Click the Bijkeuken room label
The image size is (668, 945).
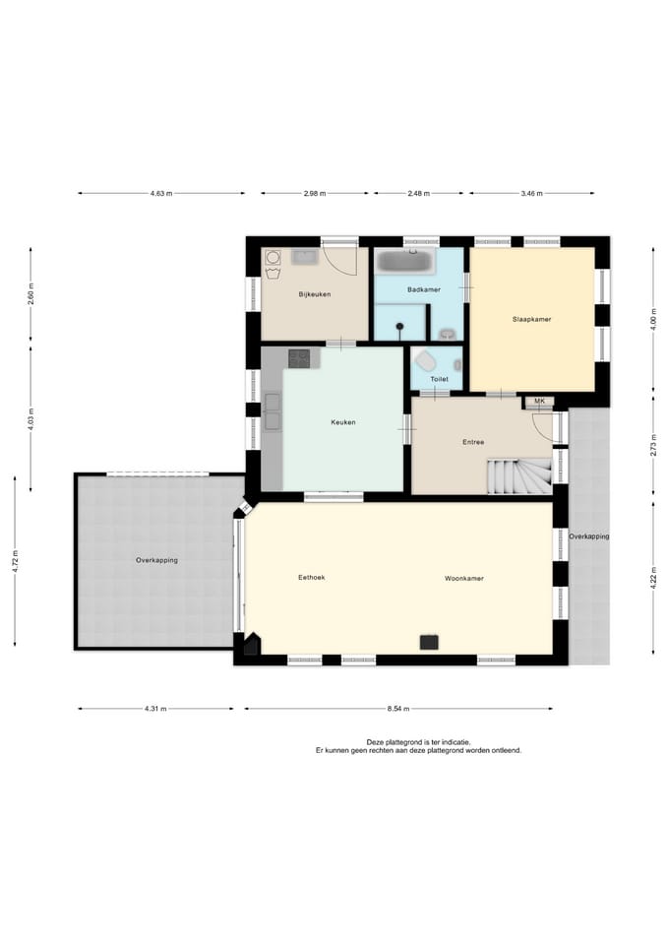point(315,294)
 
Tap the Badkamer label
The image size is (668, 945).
point(423,289)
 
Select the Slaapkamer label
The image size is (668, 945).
point(532,319)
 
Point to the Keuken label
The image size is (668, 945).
point(343,422)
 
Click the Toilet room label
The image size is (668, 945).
point(439,380)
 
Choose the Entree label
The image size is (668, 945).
point(473,442)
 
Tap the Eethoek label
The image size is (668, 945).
point(312,578)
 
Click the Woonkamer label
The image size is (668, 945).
point(464,579)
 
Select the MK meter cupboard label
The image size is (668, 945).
point(539,401)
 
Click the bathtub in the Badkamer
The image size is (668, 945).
point(404,261)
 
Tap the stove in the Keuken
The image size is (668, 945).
point(299,358)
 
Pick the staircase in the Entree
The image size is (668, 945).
point(519,476)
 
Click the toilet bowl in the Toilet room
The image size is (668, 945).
point(426,361)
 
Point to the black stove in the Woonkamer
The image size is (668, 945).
point(429,643)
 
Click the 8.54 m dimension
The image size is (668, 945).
point(398,710)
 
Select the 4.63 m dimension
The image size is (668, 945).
point(161,194)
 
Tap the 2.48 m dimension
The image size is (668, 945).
point(419,194)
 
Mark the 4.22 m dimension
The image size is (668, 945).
point(653,578)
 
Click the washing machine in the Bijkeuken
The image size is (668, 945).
point(273,257)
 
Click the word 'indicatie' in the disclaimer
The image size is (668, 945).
point(455,742)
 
